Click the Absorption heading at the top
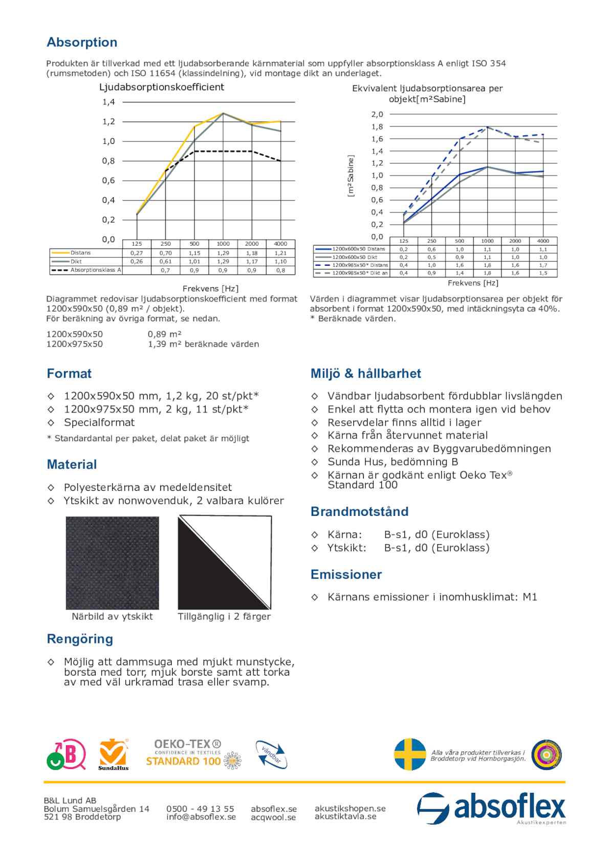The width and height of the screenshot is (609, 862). [x=82, y=42]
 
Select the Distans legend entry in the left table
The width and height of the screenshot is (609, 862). [x=80, y=253]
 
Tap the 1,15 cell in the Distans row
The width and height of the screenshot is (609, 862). [x=194, y=253]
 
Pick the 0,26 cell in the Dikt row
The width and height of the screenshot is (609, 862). [x=137, y=262]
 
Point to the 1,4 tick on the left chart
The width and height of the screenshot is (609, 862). [x=108, y=102]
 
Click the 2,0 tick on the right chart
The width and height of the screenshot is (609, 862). [x=377, y=114]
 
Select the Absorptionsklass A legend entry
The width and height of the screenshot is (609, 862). [x=95, y=270]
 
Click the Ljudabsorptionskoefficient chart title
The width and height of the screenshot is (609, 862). [x=162, y=87]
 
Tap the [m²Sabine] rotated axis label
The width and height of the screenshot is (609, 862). [x=351, y=176]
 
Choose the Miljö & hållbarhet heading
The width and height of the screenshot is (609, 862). [x=365, y=374]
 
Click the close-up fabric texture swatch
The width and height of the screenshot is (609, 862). [x=112, y=563]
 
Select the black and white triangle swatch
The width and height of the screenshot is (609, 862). [x=224, y=563]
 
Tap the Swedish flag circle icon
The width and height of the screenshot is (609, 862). [x=410, y=755]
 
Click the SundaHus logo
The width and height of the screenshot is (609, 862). [x=113, y=755]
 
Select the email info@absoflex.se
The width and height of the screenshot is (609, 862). [x=201, y=817]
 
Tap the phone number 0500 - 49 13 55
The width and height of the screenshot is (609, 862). [x=200, y=809]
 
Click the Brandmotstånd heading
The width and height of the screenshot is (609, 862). [x=359, y=512]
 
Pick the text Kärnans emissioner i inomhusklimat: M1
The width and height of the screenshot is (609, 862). [x=432, y=597]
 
